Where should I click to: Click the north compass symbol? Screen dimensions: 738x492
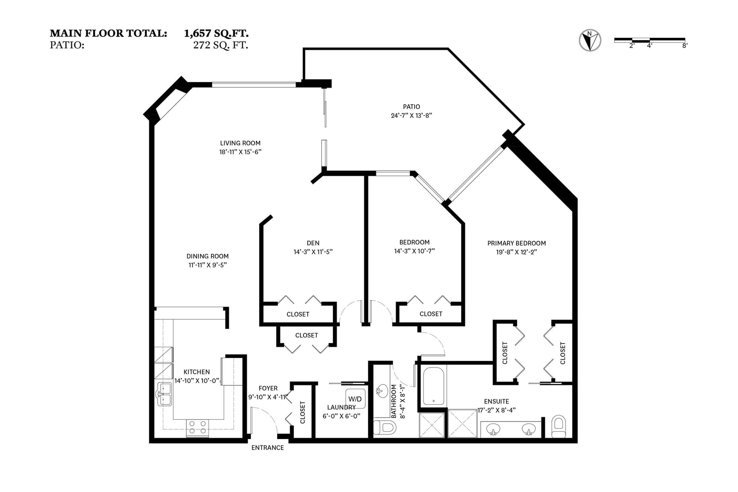pyautogui.click(x=590, y=41)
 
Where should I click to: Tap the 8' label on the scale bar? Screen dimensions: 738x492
pyautogui.click(x=684, y=46)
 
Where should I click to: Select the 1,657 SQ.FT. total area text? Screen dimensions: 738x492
pyautogui.click(x=216, y=34)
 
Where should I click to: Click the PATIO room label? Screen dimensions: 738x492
pyautogui.click(x=411, y=107)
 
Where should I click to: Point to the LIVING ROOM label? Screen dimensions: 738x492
pyautogui.click(x=240, y=143)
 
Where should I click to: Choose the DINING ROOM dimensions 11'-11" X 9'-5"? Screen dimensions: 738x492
pyautogui.click(x=208, y=265)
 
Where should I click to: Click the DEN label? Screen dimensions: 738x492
pyautogui.click(x=313, y=243)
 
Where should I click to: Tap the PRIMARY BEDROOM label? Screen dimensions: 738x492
pyautogui.click(x=517, y=243)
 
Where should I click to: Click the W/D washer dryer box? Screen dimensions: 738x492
pyautogui.click(x=355, y=399)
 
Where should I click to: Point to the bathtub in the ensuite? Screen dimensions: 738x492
pyautogui.click(x=433, y=386)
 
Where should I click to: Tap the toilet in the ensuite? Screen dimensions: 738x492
pyautogui.click(x=559, y=426)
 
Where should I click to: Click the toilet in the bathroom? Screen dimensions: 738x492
pyautogui.click(x=385, y=427)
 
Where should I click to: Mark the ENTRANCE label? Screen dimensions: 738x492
pyautogui.click(x=268, y=448)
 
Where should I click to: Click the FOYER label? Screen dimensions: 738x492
pyautogui.click(x=268, y=388)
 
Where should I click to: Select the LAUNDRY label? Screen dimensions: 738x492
pyautogui.click(x=341, y=407)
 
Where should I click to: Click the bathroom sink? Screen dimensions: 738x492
pyautogui.click(x=382, y=391)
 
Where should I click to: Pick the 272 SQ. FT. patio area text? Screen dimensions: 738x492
pyautogui.click(x=220, y=45)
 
